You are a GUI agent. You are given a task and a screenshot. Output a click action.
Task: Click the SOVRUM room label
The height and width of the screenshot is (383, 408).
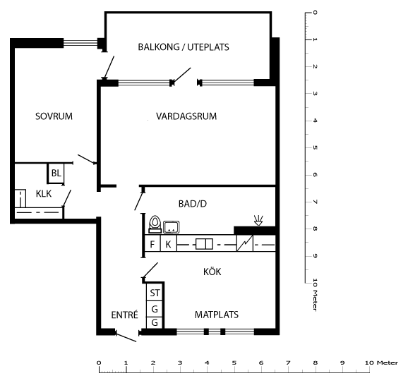point(54,116)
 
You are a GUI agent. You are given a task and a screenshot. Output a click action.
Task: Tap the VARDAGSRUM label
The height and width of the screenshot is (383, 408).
point(186,116)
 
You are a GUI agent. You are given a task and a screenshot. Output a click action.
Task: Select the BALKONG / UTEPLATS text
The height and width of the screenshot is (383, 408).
point(184,47)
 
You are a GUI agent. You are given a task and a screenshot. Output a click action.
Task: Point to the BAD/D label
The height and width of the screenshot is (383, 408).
point(193,204)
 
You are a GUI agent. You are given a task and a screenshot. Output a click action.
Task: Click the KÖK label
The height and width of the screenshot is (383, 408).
point(212,272)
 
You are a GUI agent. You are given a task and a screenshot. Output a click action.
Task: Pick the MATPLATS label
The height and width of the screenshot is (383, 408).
point(217,315)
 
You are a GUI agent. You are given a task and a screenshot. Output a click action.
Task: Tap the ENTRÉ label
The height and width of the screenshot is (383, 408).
point(124,315)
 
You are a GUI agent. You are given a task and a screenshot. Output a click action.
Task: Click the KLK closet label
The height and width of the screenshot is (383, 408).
point(44,194)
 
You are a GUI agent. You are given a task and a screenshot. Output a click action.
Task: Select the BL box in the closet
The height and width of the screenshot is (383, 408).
point(56,174)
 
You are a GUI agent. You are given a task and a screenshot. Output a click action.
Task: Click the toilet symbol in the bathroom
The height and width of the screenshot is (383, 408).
point(155,224)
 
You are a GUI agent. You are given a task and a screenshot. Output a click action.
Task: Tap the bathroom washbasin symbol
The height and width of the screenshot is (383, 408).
point(172,227)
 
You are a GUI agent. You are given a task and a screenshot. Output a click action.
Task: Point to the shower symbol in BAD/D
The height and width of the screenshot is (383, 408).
point(258,220)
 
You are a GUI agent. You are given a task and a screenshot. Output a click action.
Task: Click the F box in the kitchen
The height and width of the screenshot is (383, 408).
point(152,243)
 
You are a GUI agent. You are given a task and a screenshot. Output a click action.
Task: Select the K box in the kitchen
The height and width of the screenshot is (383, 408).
point(168,243)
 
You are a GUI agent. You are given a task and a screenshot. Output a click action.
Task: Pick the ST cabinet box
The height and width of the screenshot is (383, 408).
point(155,293)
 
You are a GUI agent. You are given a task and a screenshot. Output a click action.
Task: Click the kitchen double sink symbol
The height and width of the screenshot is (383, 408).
point(204,244)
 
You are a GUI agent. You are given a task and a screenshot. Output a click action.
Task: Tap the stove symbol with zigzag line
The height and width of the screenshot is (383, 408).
point(245,243)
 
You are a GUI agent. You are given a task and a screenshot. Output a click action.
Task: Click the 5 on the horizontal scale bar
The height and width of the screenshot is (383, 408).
point(234,363)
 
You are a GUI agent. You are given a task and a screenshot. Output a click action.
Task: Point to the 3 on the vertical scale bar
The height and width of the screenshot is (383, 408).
point(315,93)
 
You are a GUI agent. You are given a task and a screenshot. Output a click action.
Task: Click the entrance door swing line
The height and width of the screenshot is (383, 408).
point(126,336)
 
